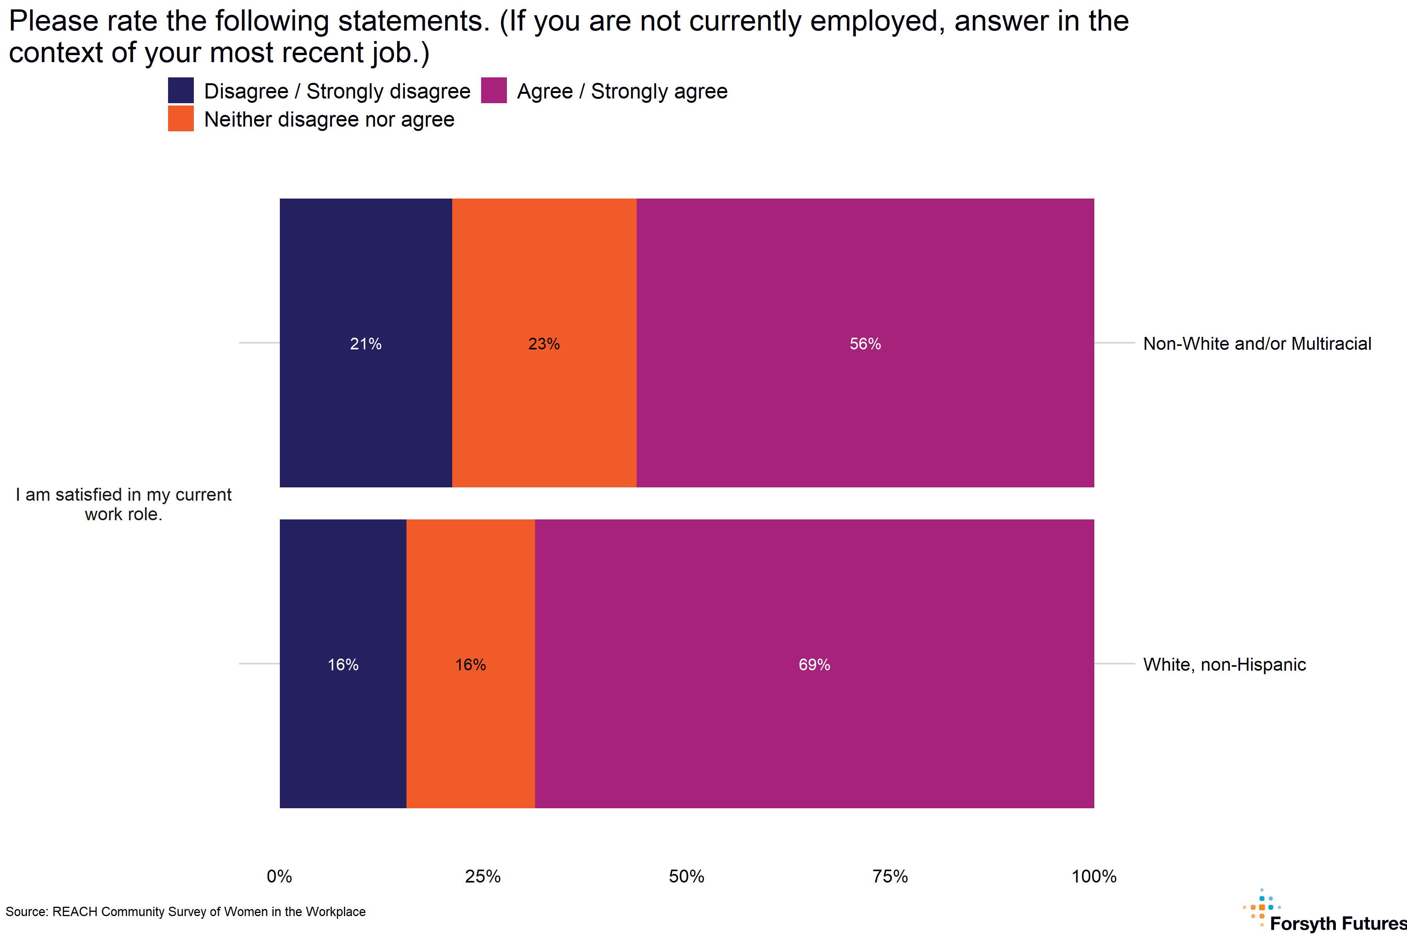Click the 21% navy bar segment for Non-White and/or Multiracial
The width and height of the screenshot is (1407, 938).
tap(365, 343)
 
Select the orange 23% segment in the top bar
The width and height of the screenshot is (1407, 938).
tap(544, 343)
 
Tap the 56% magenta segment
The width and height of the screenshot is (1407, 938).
tap(865, 343)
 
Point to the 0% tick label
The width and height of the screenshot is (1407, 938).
tap(279, 876)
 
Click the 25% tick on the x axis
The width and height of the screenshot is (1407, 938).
tap(483, 876)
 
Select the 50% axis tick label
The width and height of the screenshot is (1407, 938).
tap(686, 876)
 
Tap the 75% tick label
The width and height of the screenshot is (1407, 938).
tap(890, 876)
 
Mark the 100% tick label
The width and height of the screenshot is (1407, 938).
tap(1094, 876)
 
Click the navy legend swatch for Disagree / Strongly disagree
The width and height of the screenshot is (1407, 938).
tap(181, 90)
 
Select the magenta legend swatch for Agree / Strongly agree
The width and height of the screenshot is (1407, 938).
tap(494, 90)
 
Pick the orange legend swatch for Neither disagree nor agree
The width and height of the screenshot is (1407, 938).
tap(181, 118)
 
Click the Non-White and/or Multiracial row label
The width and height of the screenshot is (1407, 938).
tap(1257, 344)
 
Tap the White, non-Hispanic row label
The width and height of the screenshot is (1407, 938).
tap(1224, 664)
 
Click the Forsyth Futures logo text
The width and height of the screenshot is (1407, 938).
tap(1337, 923)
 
